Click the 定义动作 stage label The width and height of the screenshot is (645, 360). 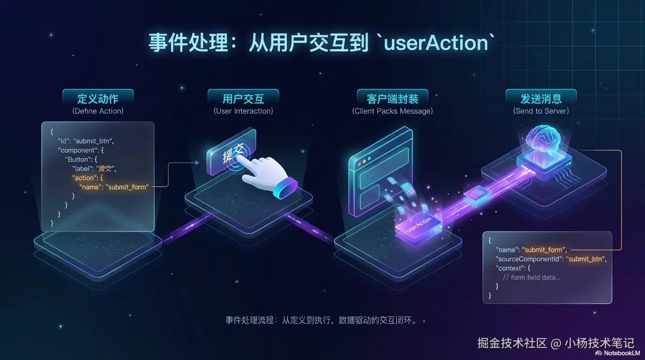pos(97,99)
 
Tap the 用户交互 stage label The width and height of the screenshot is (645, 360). pos(243,99)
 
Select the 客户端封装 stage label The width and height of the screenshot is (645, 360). pos(392,99)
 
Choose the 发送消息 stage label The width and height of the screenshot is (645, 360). pos(541,99)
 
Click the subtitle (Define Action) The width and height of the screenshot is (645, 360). pos(98,111)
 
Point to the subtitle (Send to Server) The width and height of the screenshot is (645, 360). pos(541,111)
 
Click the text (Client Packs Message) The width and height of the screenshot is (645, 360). pos(392,111)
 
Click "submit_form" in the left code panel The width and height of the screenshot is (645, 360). pos(127,187)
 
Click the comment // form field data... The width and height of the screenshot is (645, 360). pos(532,277)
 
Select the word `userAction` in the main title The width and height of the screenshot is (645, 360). pos(435,43)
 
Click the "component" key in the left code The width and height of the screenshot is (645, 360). pos(79,150)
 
